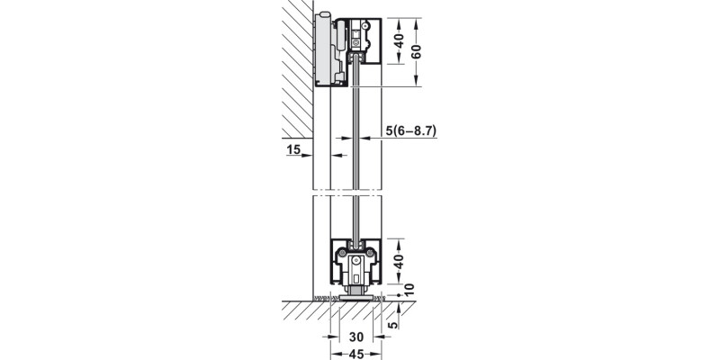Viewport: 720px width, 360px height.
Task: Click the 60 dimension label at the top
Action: [416, 52]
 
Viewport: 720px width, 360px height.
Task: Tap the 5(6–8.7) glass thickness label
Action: [410, 130]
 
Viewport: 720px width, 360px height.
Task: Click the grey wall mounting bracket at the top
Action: [323, 49]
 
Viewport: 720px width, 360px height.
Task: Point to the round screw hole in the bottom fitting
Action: [366, 260]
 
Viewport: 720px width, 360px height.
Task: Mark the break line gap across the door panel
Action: [349, 192]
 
